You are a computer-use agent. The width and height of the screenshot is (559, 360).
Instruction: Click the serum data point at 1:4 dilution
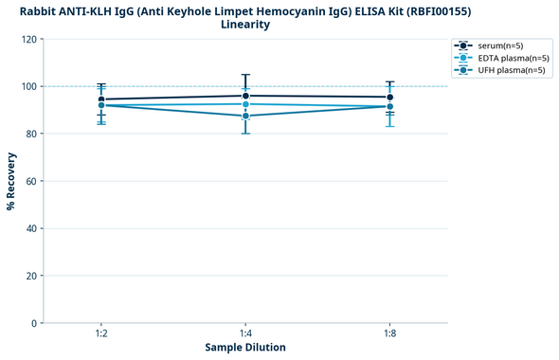pyautogui.click(x=245, y=96)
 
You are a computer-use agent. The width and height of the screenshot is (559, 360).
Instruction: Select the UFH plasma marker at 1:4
pyautogui.click(x=245, y=116)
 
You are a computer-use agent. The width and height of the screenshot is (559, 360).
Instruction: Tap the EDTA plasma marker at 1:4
pyautogui.click(x=245, y=104)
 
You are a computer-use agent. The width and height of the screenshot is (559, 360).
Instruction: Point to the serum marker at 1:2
pyautogui.click(x=101, y=99)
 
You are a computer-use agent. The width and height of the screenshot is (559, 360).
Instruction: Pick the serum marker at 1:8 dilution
pyautogui.click(x=389, y=97)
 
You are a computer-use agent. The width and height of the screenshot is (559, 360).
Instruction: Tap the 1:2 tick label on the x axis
pyautogui.click(x=101, y=334)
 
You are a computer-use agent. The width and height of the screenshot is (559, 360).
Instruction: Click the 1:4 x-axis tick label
pyautogui.click(x=245, y=334)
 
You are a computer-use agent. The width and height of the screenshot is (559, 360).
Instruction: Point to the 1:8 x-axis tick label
pyautogui.click(x=389, y=334)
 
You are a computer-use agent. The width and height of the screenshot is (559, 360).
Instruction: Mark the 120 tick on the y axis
pyautogui.click(x=30, y=40)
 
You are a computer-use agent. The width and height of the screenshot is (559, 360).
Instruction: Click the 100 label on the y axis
pyautogui.click(x=30, y=87)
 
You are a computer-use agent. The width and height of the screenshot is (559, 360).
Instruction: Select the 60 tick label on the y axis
pyautogui.click(x=32, y=181)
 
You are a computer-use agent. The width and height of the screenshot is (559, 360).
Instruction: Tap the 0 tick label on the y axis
pyautogui.click(x=35, y=323)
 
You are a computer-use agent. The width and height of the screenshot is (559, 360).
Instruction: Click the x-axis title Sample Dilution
pyautogui.click(x=245, y=348)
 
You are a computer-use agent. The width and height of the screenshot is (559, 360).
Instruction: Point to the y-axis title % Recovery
pyautogui.click(x=11, y=181)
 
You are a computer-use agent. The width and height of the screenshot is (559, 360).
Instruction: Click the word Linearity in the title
pyautogui.click(x=245, y=25)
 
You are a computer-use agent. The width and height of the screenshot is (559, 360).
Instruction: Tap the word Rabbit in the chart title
pyautogui.click(x=38, y=10)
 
